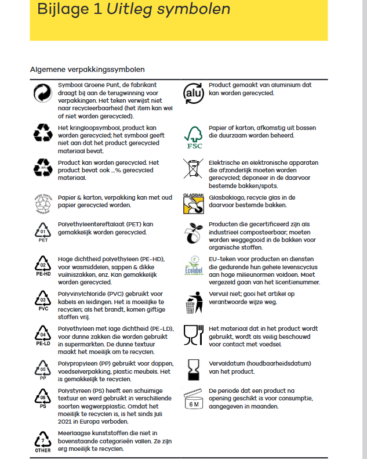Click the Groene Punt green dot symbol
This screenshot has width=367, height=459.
tap(43, 93)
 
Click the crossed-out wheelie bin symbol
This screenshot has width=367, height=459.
tap(192, 168)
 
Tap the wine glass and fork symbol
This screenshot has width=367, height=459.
tap(192, 335)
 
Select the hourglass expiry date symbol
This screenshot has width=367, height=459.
tap(192, 367)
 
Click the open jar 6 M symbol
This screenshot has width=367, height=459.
tap(192, 400)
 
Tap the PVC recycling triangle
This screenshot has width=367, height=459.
tap(43, 302)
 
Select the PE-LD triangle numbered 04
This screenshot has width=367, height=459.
tap(43, 336)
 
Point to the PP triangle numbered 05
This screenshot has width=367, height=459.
tap(43, 369)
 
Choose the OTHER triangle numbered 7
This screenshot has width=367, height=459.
tap(43, 440)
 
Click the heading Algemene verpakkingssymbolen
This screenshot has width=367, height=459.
tap(87, 70)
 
